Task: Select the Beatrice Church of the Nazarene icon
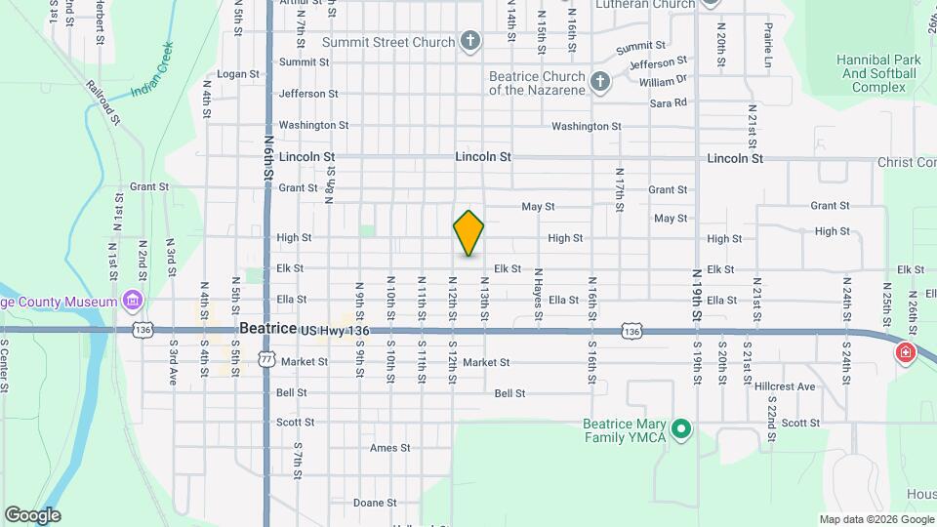point(600,82)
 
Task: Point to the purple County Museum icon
point(132,300)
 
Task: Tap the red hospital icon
point(905,351)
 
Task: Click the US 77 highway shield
point(266,359)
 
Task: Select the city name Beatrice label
point(267,330)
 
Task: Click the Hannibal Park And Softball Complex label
point(878,74)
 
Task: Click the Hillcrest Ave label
point(785,386)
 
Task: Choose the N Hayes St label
point(538,292)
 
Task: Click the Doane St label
point(375,503)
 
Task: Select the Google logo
point(32,514)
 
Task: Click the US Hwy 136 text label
point(336,332)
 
